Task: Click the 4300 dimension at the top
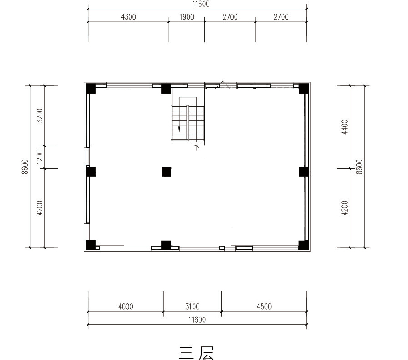click(x=129, y=17)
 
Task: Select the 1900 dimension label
click(x=187, y=17)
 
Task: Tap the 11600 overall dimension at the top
click(x=201, y=4)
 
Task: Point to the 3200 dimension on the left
click(x=40, y=115)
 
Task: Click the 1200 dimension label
click(x=40, y=157)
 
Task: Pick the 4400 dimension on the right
click(x=345, y=127)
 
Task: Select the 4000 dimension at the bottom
click(x=126, y=307)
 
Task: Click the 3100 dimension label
click(x=193, y=307)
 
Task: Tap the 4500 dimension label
click(x=264, y=307)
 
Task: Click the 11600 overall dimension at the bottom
click(x=197, y=319)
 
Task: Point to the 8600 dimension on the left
click(x=25, y=167)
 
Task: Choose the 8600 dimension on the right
click(x=359, y=167)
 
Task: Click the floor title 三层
click(x=197, y=353)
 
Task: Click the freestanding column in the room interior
click(x=167, y=172)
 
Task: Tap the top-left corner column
click(x=91, y=89)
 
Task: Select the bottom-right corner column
click(x=303, y=245)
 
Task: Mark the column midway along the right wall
click(x=303, y=172)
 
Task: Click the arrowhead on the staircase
click(x=179, y=129)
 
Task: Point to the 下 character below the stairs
click(x=197, y=147)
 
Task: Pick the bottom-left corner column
click(x=91, y=245)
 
